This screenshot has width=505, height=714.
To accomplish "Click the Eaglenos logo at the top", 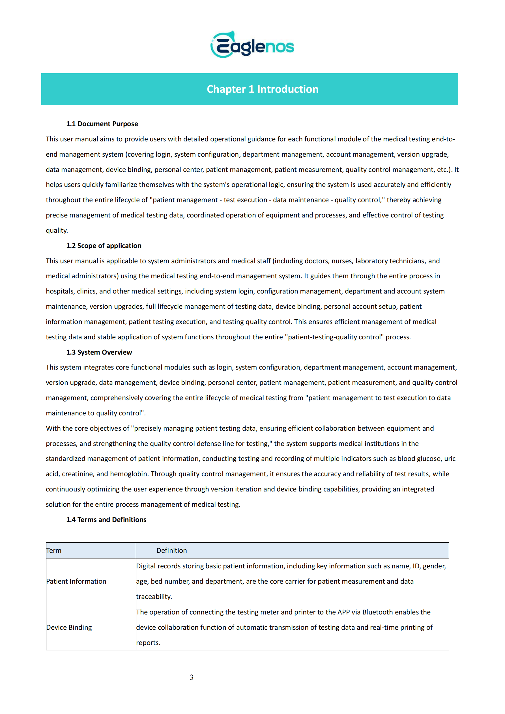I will click(252, 45).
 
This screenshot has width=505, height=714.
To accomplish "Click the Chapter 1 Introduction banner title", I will click(262, 89).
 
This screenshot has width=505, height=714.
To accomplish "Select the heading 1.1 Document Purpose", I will click(102, 124).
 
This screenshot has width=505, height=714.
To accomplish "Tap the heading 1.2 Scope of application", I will click(104, 246).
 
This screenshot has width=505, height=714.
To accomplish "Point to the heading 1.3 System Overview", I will click(99, 352).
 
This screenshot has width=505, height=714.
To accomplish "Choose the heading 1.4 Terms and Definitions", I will click(106, 520).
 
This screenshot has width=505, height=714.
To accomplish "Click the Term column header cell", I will click(54, 551).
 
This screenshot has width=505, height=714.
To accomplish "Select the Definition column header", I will click(171, 551).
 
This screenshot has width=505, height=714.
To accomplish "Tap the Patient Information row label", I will click(76, 581).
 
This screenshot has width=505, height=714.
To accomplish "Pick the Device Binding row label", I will click(69, 627).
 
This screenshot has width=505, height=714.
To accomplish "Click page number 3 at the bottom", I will click(192, 677).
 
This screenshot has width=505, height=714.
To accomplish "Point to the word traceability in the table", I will click(154, 596).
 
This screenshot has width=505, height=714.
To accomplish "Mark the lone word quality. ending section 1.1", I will click(57, 230).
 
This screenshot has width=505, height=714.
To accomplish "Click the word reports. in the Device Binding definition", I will click(148, 642).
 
